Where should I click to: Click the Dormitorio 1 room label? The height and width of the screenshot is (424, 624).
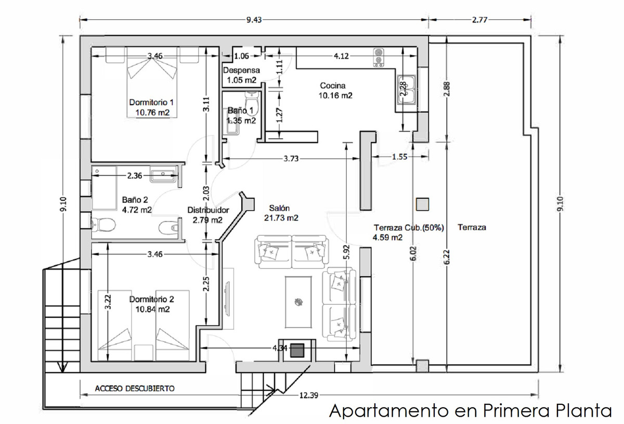(151, 102)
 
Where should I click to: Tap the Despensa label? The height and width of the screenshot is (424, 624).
(241, 70)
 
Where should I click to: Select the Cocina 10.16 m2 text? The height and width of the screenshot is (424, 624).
(335, 91)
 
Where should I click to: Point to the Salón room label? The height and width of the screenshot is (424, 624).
(279, 208)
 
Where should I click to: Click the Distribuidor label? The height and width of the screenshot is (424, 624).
(208, 210)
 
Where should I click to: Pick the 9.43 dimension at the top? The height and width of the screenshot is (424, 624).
(254, 20)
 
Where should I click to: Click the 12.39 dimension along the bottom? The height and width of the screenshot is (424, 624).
(309, 395)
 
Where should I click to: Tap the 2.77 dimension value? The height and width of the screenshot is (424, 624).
(479, 20)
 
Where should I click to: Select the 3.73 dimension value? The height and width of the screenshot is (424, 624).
(291, 159)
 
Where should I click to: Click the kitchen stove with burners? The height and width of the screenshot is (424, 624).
(379, 58)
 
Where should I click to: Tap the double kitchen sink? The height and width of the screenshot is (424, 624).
(407, 90)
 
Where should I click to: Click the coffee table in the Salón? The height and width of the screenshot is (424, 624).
(298, 302)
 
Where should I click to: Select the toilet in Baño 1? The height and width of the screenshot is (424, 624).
(252, 101)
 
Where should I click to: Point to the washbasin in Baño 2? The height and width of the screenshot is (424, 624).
(163, 174)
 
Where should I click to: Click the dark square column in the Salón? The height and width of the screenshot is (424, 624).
(297, 351)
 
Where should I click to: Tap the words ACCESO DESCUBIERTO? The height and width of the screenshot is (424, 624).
(135, 388)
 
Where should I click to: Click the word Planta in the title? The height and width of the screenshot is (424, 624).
(584, 410)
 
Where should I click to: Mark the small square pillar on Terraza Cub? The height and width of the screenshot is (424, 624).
(423, 204)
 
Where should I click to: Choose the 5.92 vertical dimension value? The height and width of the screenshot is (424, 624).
(346, 252)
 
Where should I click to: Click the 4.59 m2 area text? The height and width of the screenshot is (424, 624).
(387, 238)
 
